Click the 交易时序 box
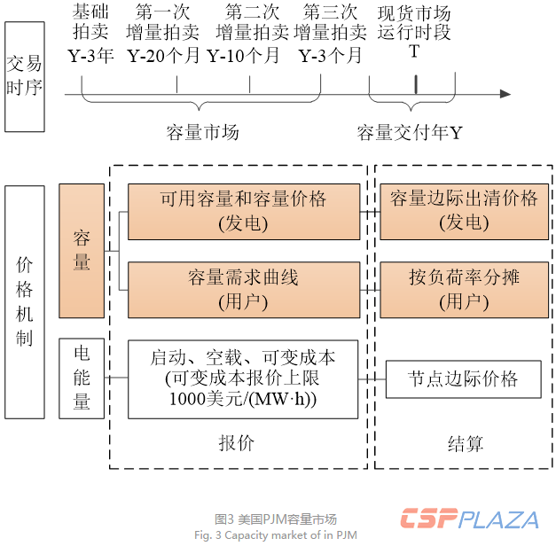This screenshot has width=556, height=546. click(x=24, y=76)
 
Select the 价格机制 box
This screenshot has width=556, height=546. click(x=24, y=301)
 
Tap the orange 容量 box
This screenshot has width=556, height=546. click(x=82, y=250)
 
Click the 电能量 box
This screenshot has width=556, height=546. click(x=82, y=378)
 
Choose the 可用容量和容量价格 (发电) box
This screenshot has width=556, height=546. click(x=243, y=210)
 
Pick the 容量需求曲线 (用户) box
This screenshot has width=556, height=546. click(x=243, y=289)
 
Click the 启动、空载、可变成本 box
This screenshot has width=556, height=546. click(x=243, y=378)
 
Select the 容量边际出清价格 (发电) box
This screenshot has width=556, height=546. click(x=464, y=210)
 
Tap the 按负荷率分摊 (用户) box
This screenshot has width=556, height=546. click(x=464, y=289)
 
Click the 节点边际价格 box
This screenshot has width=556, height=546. click(x=463, y=379)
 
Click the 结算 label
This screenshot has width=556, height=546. click(x=466, y=442)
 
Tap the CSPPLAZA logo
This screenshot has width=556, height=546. click(x=469, y=519)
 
